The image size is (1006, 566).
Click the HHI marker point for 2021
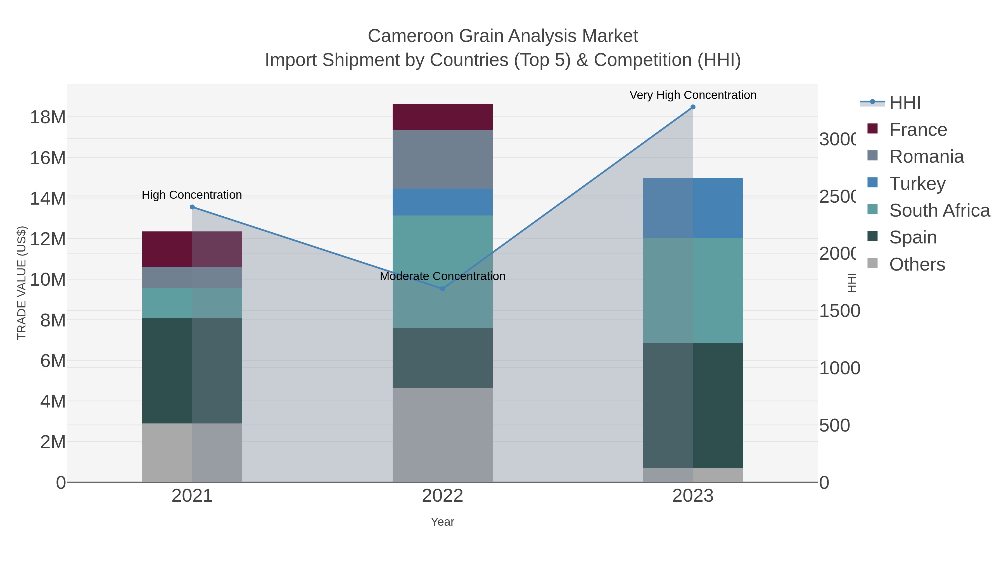[x=192, y=207]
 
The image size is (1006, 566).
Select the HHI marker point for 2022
[x=442, y=289]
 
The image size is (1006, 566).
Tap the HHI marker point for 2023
[x=693, y=107]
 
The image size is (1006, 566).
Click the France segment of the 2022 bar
[x=442, y=117]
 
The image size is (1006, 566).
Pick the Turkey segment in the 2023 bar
[x=693, y=208]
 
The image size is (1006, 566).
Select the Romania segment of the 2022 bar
[x=442, y=159]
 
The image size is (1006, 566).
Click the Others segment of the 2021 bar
[x=192, y=452]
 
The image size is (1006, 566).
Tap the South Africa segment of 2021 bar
[x=192, y=303]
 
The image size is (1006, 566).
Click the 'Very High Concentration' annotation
[x=693, y=95]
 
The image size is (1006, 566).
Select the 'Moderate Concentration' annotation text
[x=442, y=276]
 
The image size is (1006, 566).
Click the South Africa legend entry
[x=939, y=210]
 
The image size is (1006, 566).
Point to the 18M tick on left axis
[x=48, y=117]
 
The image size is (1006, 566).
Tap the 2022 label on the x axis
[x=442, y=496]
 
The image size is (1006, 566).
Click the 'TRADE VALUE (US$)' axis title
[x=22, y=283]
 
